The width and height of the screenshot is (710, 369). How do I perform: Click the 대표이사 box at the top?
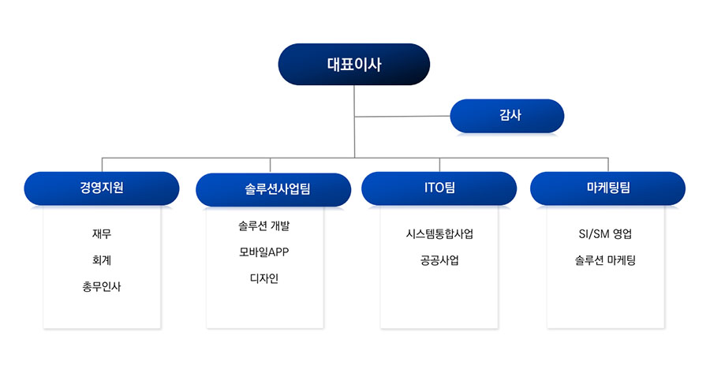353,65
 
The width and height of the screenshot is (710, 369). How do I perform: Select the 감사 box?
507,116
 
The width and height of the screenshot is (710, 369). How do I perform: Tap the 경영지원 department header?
102,188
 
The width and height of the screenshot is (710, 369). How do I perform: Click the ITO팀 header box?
439,188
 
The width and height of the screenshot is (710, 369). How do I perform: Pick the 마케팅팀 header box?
607,188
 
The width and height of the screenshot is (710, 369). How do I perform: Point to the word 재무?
102,233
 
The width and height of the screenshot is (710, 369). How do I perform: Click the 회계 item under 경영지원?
102,260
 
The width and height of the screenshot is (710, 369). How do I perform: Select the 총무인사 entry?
102,286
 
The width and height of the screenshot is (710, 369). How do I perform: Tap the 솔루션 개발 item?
264,225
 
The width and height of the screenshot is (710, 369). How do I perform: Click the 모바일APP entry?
264,252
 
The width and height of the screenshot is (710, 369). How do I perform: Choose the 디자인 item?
264,278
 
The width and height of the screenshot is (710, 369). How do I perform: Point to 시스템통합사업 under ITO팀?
439,233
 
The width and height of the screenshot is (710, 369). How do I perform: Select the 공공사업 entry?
439,260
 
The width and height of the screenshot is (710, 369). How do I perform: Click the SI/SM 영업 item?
605,233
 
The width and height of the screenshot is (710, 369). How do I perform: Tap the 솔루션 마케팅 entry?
605,260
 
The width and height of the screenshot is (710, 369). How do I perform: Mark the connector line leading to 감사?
402,117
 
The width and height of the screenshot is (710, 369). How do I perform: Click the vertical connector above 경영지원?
103,165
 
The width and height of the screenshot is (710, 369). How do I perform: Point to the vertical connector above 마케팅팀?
608,165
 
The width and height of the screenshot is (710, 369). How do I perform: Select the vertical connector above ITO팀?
439,165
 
